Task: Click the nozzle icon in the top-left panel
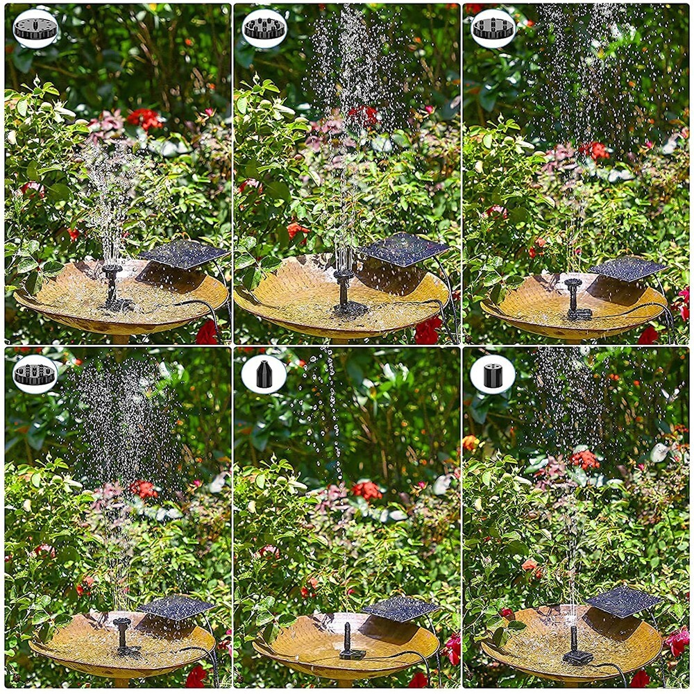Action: coord(35,28)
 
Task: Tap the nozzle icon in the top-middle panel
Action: coord(264,28)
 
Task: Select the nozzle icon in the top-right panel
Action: coord(493,28)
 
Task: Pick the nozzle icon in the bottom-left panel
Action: coord(35,374)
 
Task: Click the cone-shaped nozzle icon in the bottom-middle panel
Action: coord(264,374)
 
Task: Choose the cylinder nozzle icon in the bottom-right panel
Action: coord(493,375)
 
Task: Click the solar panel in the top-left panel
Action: coord(183,254)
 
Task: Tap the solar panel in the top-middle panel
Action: coord(405,248)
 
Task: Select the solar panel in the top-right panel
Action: coord(627,269)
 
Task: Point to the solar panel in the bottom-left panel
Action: coord(176,607)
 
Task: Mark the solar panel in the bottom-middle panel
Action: coord(400,608)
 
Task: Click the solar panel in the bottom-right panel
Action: coord(623,600)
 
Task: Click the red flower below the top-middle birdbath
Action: coord(427,331)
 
